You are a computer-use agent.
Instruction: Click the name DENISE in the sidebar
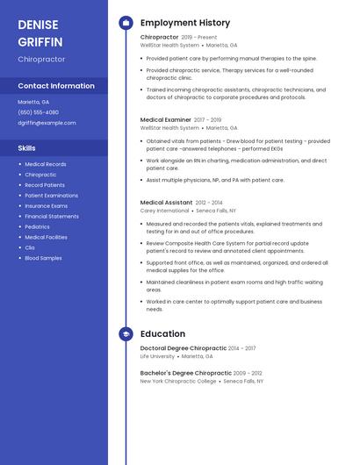(x=38, y=25)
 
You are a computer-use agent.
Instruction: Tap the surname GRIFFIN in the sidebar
(x=40, y=41)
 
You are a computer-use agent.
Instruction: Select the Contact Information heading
(x=56, y=86)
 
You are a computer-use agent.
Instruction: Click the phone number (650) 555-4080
(x=39, y=112)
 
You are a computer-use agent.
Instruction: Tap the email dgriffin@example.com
(x=47, y=123)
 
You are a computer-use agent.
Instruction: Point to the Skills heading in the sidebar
(x=27, y=148)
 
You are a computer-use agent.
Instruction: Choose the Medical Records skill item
(x=46, y=164)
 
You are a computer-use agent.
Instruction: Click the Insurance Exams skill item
(x=46, y=205)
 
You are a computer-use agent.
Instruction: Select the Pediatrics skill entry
(x=38, y=226)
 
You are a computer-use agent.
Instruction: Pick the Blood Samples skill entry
(x=43, y=258)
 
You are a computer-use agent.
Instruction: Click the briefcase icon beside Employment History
(x=126, y=23)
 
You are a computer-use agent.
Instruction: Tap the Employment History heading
(x=185, y=23)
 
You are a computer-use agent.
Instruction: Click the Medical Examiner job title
(x=165, y=119)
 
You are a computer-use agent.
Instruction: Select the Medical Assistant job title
(x=166, y=202)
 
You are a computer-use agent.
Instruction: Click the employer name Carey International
(x=164, y=211)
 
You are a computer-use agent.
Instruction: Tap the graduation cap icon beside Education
(x=126, y=333)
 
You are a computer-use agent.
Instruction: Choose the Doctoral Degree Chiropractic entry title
(x=184, y=348)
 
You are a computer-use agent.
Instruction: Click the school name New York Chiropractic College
(x=178, y=381)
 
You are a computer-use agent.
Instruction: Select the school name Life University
(x=157, y=356)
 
